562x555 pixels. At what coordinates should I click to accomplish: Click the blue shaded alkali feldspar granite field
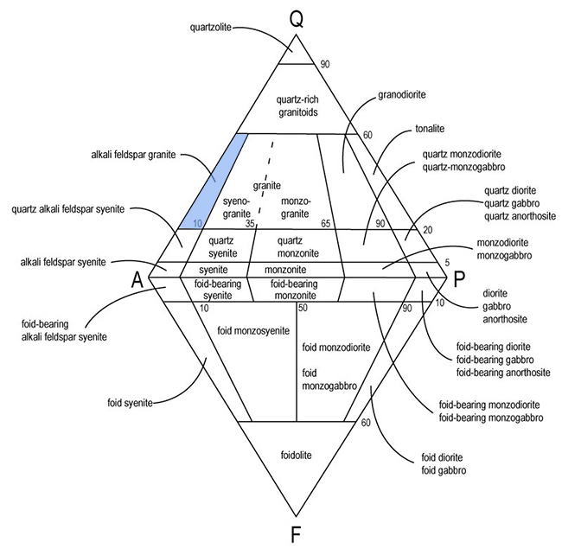[211, 182]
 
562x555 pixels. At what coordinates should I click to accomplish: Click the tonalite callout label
[422, 128]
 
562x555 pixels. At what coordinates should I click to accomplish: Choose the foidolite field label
[296, 453]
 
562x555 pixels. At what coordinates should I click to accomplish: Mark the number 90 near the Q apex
[325, 64]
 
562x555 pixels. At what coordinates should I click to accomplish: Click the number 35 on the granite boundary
[250, 223]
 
